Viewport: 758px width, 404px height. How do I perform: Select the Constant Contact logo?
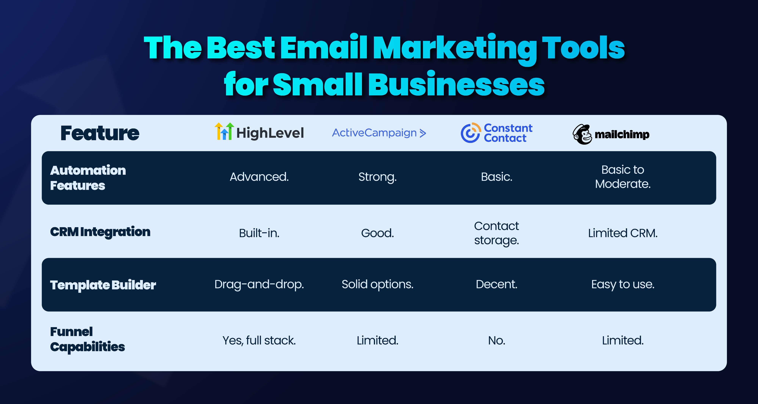pos(497,133)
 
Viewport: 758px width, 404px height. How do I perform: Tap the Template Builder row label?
pos(103,285)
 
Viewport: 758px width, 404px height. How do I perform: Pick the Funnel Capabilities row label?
pos(87,339)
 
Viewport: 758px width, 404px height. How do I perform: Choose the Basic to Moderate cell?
pos(623,177)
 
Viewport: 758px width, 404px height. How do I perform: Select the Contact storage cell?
pos(496,233)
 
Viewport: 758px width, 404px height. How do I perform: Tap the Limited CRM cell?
pos(623,233)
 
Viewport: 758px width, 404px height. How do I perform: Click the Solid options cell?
pos(377,284)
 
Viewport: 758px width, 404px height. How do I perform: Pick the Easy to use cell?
pos(623,284)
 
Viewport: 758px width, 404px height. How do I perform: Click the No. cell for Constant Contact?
pos(497,341)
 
